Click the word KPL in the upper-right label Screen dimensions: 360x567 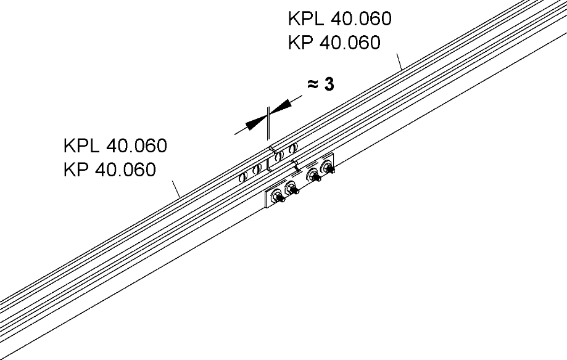(x=307, y=19)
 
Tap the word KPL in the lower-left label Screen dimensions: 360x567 (x=82, y=147)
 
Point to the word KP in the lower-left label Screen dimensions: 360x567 (x=76, y=170)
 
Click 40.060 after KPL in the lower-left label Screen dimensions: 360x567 (x=137, y=147)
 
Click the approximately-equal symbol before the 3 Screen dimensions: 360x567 (x=313, y=85)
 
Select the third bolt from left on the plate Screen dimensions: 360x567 (x=314, y=176)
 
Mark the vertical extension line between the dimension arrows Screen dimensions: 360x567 (x=268, y=123)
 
